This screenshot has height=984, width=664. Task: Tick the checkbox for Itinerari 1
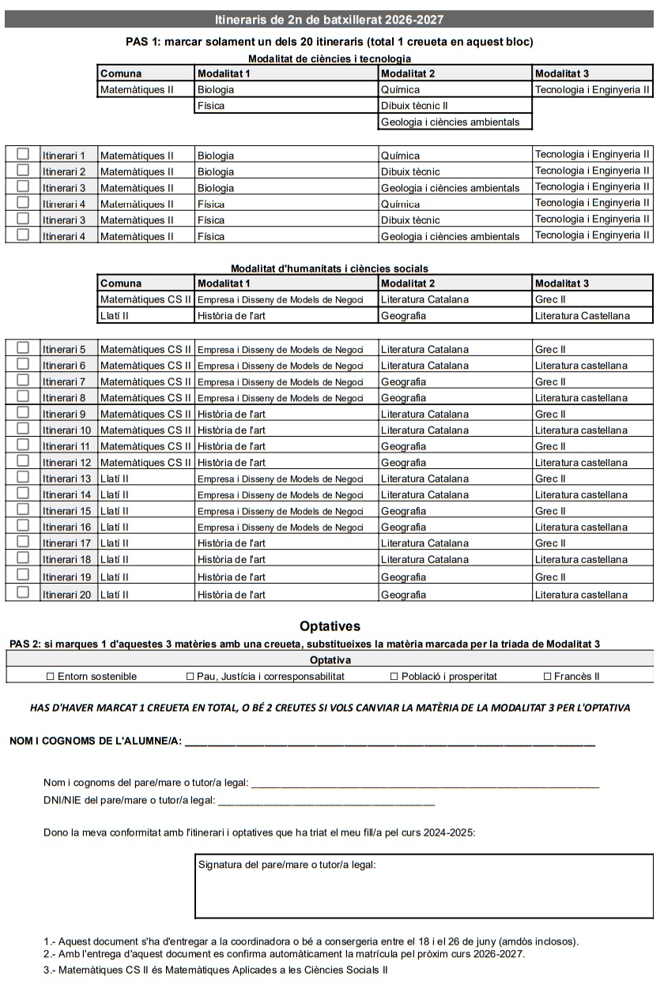(x=23, y=153)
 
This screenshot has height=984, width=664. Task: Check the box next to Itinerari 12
(x=23, y=461)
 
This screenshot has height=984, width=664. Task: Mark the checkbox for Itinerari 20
(x=23, y=592)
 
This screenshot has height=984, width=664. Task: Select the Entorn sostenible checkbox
(x=51, y=676)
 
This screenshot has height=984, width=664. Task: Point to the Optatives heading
(x=330, y=626)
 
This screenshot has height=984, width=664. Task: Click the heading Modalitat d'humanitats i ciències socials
(x=329, y=269)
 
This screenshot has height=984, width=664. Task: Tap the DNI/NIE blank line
(x=326, y=802)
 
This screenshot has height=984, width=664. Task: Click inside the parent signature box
(x=424, y=892)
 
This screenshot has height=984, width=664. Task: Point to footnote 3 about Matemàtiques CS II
(x=216, y=969)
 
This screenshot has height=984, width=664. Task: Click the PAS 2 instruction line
(x=305, y=644)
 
